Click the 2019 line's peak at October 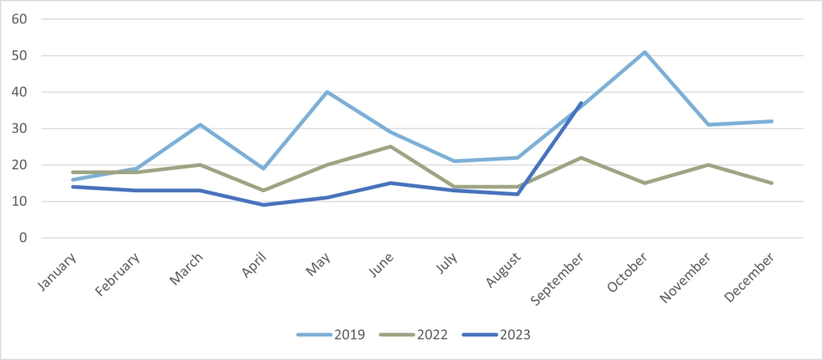pos(645,52)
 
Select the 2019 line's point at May pos(327,92)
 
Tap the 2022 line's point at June pos(390,146)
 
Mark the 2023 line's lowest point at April pos(263,205)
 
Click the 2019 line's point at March pos(199,125)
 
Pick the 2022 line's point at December pos(772,183)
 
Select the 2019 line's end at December pos(772,121)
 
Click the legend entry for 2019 pos(331,335)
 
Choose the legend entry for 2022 pos(413,335)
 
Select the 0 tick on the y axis pos(24,237)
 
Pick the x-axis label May pos(320,261)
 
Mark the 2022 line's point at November pos(708,165)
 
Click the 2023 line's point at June pos(390,183)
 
